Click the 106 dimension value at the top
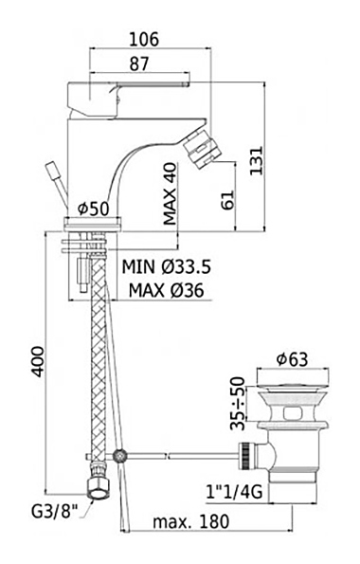[x=144, y=39]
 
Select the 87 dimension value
[x=139, y=64]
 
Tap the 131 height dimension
[x=257, y=160]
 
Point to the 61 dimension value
[x=227, y=200]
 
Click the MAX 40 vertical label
[x=171, y=194]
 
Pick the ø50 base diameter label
[x=94, y=209]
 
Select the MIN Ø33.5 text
[x=166, y=267]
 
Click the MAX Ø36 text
[x=166, y=290]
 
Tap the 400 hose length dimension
[x=37, y=362]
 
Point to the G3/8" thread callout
[x=55, y=512]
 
